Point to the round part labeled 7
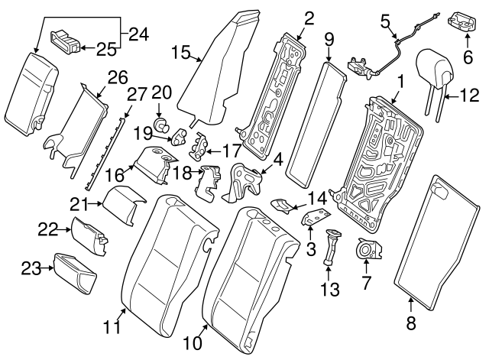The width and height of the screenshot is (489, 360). coord(367,249)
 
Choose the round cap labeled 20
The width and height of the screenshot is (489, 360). coord(162,122)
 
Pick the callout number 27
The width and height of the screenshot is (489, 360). coord(136,95)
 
